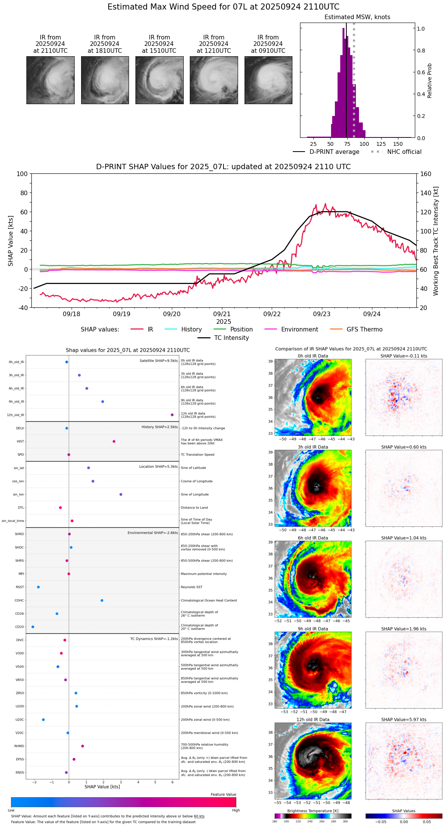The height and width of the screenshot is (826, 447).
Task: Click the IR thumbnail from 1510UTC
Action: [159, 80]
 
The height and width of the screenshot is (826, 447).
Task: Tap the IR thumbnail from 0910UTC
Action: [268, 80]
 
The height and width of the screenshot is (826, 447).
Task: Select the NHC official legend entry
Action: [404, 152]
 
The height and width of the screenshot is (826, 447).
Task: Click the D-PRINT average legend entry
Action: [334, 152]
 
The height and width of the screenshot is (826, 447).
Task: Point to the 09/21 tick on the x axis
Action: [222, 314]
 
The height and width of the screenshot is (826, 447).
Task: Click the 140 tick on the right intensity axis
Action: [426, 193]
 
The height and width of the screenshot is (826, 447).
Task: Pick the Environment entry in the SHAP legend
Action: [299, 330]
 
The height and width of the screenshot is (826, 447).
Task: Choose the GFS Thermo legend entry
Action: [364, 330]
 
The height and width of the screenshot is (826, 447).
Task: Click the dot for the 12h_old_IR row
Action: [172, 415]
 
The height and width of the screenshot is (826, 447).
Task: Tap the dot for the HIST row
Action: [114, 441]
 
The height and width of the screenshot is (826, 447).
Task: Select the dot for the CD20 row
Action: [33, 627]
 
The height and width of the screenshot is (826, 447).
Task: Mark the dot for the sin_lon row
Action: [121, 495]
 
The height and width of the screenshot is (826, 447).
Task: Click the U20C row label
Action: [20, 720]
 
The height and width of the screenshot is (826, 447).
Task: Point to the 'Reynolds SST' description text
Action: [191, 587]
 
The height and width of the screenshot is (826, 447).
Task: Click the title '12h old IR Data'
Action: [313, 720]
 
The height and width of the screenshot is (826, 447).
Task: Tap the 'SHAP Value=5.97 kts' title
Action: [404, 720]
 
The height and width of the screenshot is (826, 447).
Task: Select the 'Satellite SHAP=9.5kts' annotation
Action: [158, 361]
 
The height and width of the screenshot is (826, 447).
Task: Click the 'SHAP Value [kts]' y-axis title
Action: [11, 241]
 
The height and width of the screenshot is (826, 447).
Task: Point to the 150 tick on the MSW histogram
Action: [398, 144]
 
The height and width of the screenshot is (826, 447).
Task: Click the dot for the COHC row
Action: [102, 601]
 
